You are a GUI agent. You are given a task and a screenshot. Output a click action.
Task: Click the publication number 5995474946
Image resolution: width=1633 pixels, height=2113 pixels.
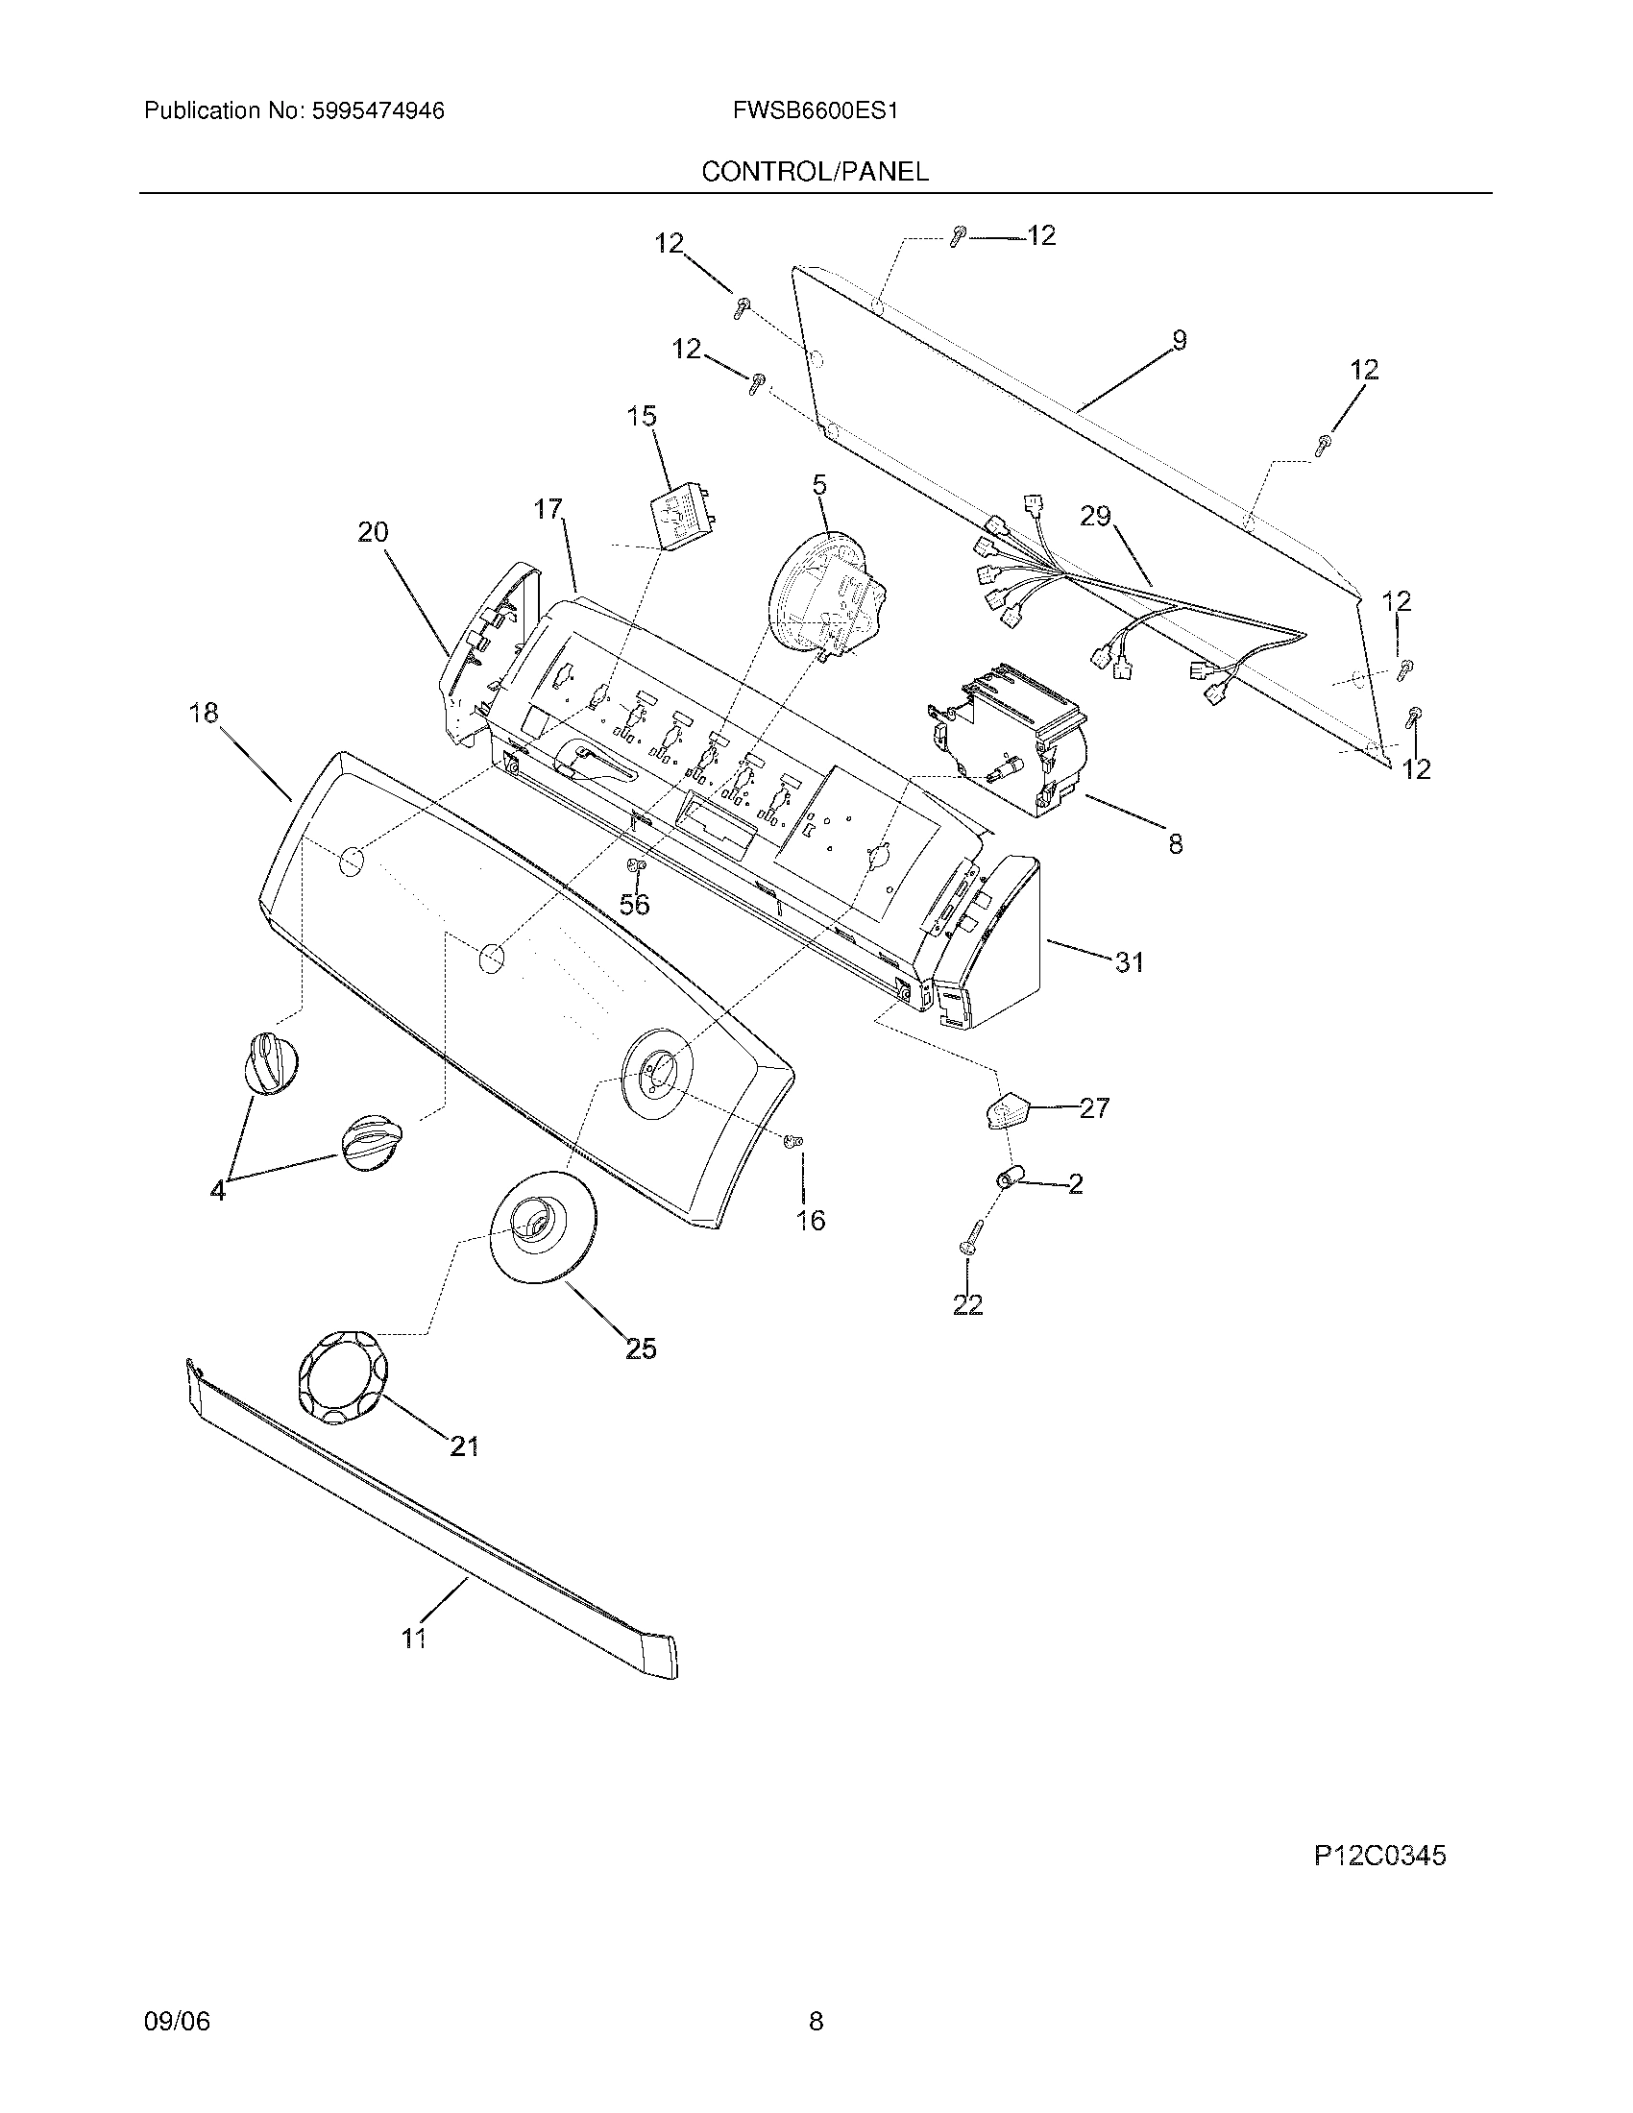click(377, 111)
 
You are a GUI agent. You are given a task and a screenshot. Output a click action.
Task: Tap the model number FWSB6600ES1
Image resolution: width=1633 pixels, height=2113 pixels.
click(816, 111)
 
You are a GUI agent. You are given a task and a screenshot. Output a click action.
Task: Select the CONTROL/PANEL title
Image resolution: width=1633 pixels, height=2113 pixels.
click(815, 172)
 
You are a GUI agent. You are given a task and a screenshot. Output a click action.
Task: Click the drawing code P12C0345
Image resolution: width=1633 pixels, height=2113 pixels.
click(1379, 1856)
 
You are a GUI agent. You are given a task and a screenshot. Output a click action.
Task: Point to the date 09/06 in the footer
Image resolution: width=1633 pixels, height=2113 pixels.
click(176, 2049)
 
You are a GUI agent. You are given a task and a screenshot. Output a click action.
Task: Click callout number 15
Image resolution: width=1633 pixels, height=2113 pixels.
click(642, 417)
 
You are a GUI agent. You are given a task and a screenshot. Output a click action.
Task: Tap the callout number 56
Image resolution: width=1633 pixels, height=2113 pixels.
click(635, 905)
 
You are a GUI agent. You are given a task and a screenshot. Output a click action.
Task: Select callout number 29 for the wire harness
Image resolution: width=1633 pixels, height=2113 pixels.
click(1096, 517)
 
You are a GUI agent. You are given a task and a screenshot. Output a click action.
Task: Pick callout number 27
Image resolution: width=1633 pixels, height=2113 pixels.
click(1094, 1108)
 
